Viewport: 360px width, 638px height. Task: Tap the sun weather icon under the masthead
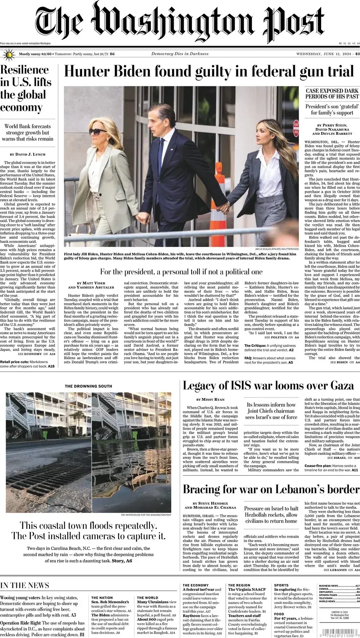[x=8, y=54]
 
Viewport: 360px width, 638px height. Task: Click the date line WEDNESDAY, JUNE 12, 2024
[x=324, y=54]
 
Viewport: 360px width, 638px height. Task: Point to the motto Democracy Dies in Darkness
[x=180, y=54]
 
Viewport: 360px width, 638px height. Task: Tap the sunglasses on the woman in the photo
[x=98, y=131]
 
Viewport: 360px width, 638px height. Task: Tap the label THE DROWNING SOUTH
[x=88, y=386]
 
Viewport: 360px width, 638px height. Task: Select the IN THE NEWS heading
[x=25, y=586]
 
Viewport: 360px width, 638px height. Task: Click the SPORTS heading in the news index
[x=281, y=585]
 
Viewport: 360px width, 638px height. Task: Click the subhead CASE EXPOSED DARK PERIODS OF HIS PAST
[x=332, y=94]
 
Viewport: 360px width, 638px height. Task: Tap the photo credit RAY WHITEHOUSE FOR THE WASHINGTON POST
[x=146, y=515]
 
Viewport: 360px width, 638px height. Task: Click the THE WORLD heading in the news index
[x=148, y=598]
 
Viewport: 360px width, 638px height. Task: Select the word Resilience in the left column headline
[x=25, y=70]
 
